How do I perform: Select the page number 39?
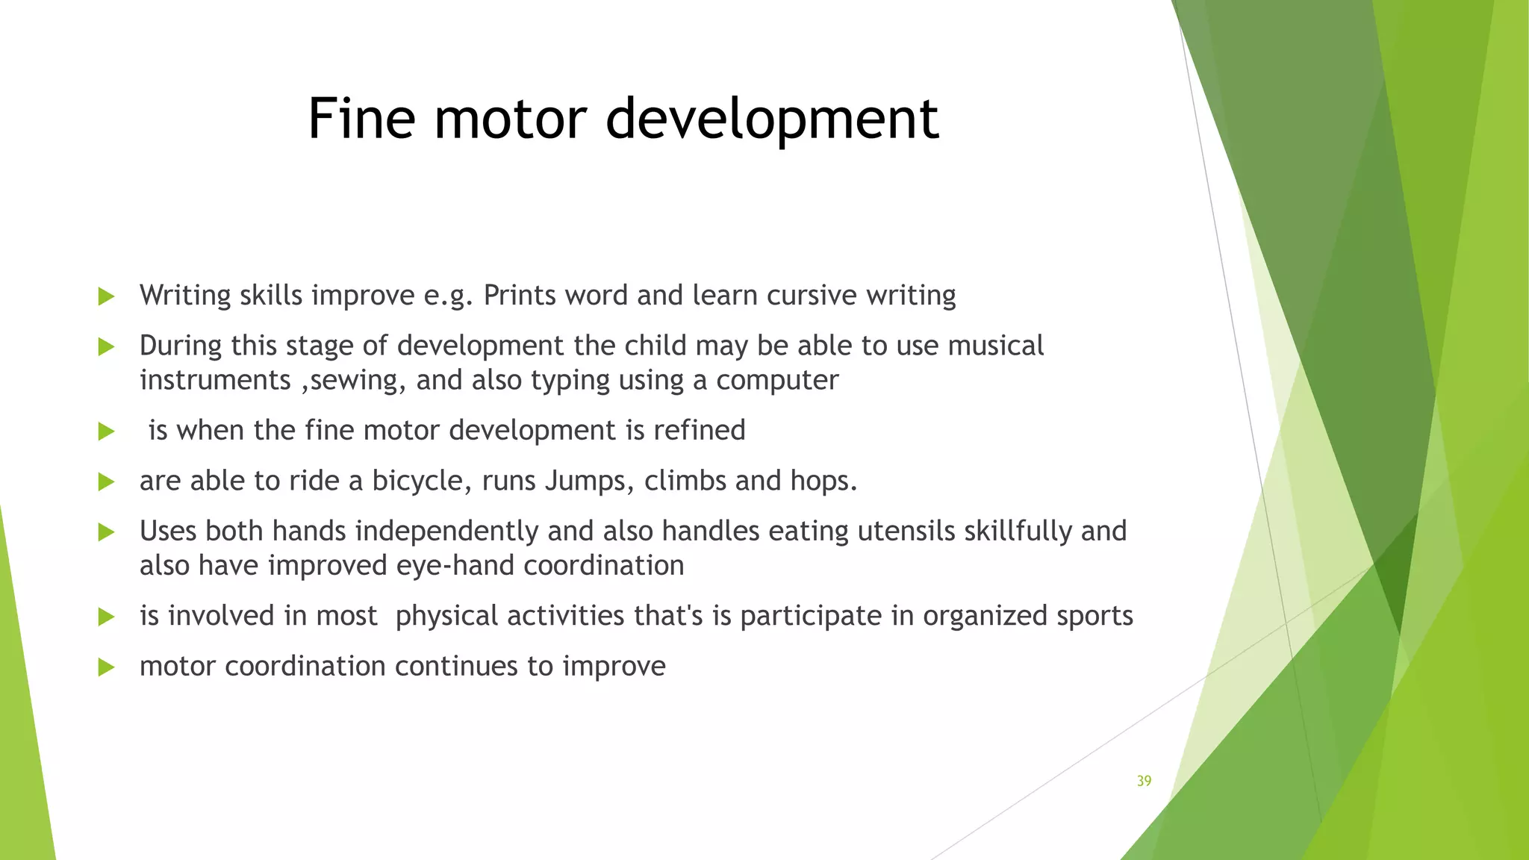(x=1144, y=781)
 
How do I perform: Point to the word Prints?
(x=519, y=296)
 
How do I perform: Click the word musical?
(x=995, y=346)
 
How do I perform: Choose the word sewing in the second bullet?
(x=358, y=381)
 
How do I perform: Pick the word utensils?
(x=906, y=531)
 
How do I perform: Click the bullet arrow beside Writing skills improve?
(x=106, y=296)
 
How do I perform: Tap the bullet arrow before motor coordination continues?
(x=106, y=667)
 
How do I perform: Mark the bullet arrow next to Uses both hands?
(x=106, y=532)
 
